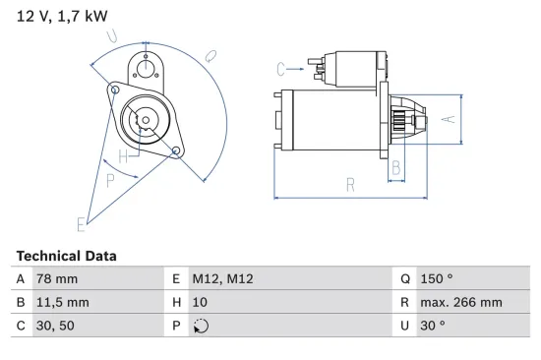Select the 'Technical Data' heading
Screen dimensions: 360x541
66,256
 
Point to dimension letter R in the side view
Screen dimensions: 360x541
349,183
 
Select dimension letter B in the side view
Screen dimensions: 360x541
395,168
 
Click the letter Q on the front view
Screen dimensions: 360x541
210,57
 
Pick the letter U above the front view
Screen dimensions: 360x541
113,38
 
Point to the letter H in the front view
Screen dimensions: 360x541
123,157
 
